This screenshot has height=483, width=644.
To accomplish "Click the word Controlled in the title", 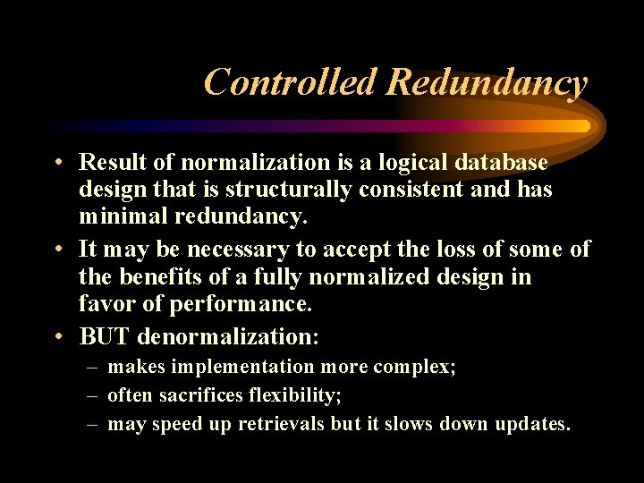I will tap(292, 82).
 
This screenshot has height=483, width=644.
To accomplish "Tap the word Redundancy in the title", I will tap(487, 82).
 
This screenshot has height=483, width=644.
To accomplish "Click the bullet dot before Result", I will tap(56, 163).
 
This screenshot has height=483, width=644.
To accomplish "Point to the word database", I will tap(499, 162).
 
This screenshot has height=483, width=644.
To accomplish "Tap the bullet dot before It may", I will tap(56, 250).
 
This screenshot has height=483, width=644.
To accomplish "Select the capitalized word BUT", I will tap(105, 336).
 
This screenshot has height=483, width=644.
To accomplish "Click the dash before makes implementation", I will tap(92, 368).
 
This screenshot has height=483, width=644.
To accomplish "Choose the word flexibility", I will tap(297, 395).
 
